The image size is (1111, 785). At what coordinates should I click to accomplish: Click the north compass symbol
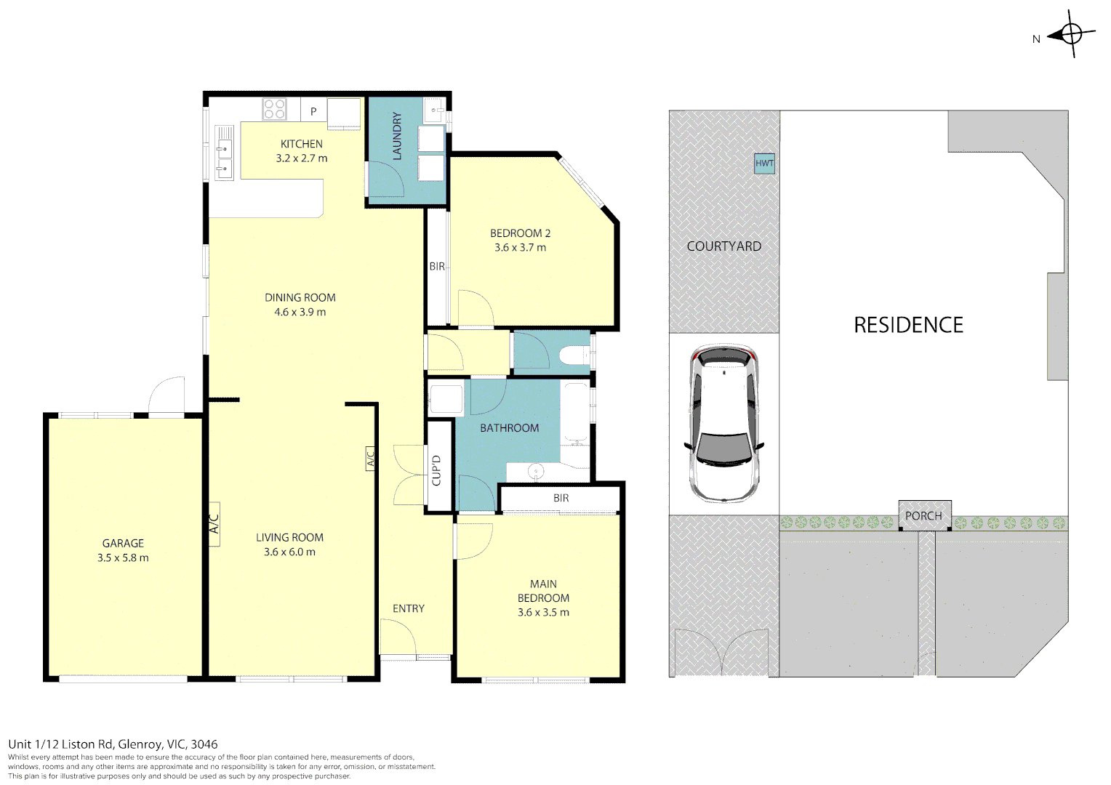(x=1071, y=35)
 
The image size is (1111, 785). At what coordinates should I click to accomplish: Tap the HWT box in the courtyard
(x=764, y=163)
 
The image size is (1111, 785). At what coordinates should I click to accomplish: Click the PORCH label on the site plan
(x=923, y=516)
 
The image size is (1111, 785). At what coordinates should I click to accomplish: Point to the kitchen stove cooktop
(x=274, y=109)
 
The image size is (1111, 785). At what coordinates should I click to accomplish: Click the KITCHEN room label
(x=302, y=144)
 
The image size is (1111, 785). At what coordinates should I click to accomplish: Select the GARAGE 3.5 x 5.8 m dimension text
(x=123, y=558)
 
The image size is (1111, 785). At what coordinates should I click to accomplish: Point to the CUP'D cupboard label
(x=436, y=470)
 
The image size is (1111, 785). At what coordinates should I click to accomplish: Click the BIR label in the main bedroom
(x=561, y=498)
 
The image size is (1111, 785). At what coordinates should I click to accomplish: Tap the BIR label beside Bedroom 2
(x=437, y=267)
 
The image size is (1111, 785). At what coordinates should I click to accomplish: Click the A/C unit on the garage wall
(x=214, y=524)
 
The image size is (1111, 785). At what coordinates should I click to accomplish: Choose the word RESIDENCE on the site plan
(x=909, y=326)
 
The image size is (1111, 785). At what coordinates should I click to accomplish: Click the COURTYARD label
(x=724, y=246)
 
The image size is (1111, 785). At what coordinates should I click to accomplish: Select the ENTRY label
(x=409, y=608)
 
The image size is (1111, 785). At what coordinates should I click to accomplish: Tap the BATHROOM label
(x=510, y=428)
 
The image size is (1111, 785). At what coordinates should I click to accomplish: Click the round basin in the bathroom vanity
(x=536, y=470)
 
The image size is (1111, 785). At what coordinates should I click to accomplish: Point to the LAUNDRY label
(x=397, y=136)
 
